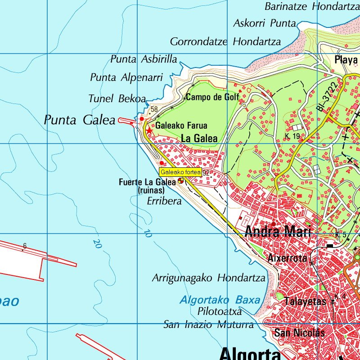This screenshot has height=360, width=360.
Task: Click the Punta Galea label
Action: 80,120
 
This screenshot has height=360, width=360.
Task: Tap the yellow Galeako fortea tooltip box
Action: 180,172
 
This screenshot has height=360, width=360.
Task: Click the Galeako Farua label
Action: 181,126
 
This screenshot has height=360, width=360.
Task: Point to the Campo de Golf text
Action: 212,97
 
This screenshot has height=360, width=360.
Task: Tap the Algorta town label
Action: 250,353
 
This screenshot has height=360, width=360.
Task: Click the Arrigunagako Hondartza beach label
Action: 208,278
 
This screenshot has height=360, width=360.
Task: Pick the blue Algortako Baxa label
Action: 220,300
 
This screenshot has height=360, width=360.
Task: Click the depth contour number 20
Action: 96,243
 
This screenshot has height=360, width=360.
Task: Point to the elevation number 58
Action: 154,109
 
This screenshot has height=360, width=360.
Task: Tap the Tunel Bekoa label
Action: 117,99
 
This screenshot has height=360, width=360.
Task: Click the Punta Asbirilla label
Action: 144,59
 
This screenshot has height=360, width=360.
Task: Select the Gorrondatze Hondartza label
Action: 225,42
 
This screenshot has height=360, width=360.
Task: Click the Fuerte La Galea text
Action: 147,182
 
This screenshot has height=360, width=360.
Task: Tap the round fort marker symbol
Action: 180,181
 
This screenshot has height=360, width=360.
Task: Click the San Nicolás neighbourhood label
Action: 299,333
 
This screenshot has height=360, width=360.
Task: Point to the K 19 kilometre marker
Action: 292,135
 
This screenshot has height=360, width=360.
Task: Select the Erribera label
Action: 164,201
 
